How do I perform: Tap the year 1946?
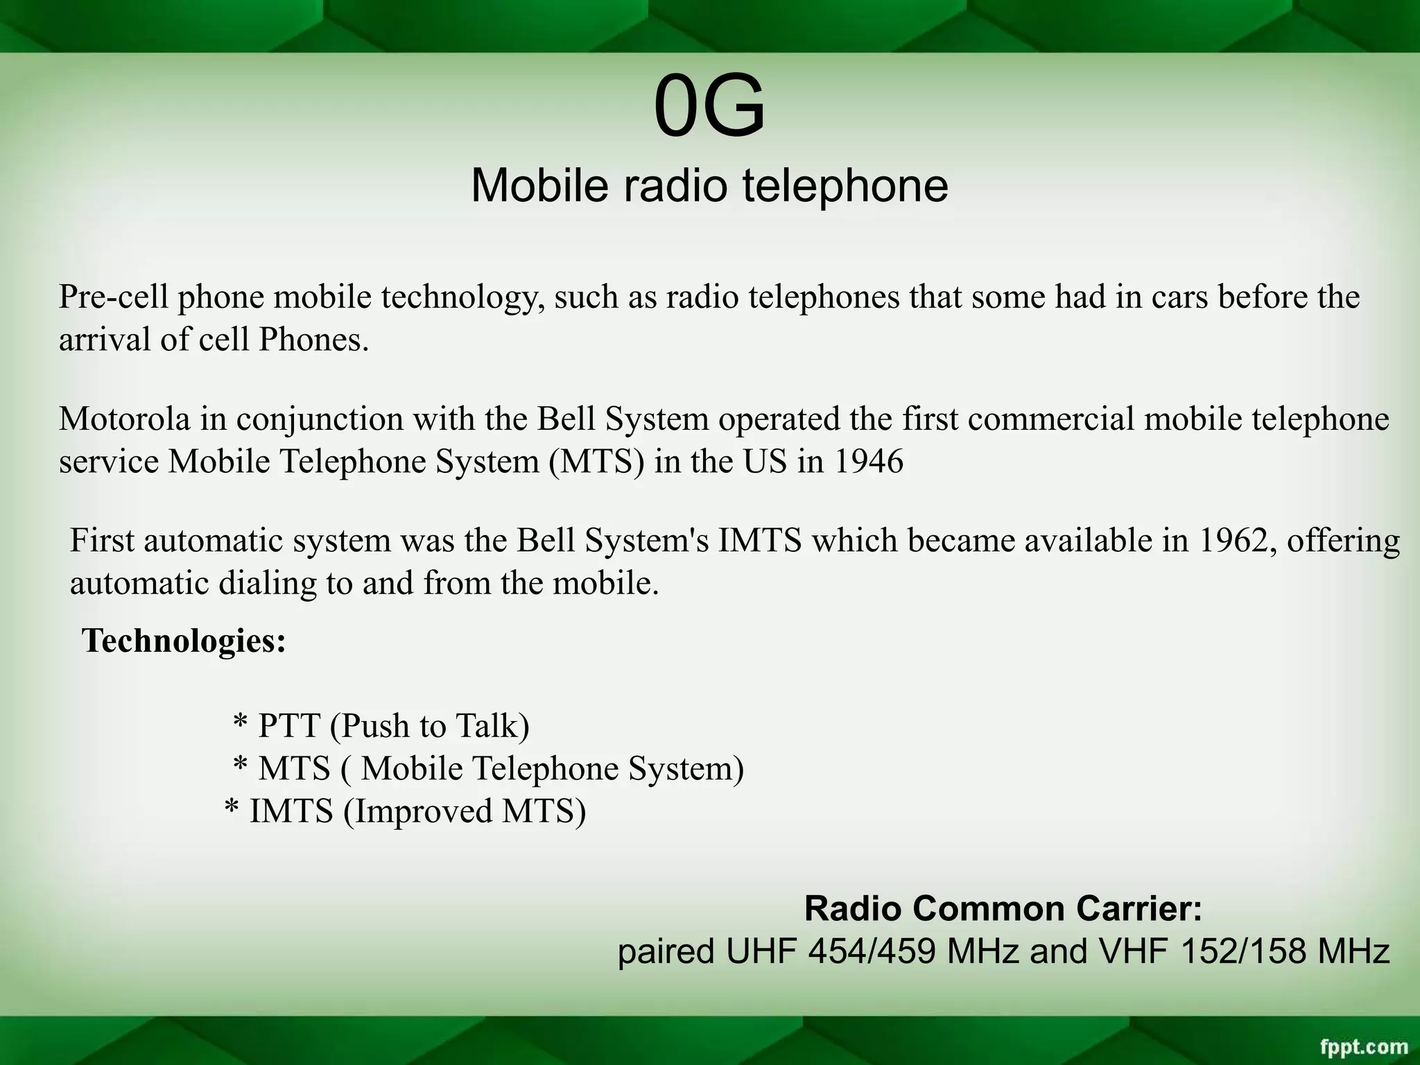click(869, 462)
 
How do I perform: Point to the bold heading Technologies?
click(184, 640)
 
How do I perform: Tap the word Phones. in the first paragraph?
click(314, 340)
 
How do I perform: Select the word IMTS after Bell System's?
click(760, 541)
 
